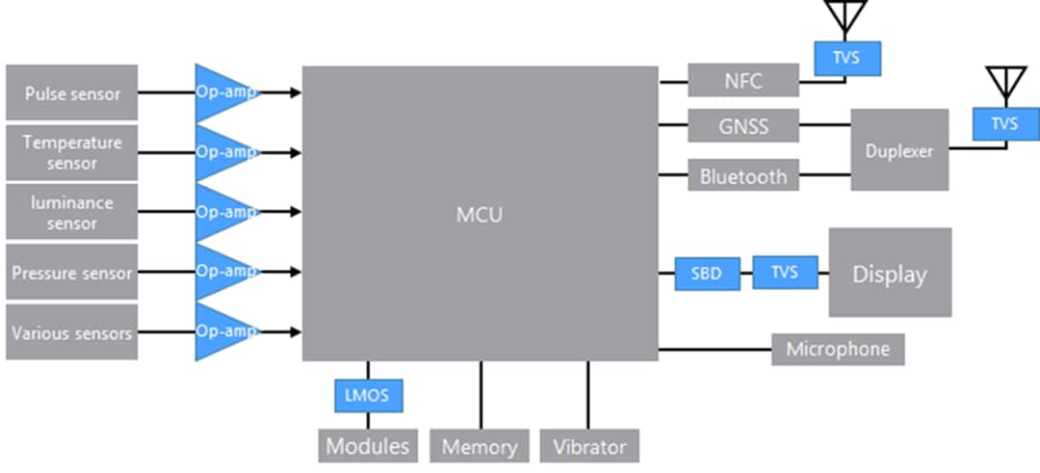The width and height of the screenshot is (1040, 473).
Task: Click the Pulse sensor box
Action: [x=72, y=93]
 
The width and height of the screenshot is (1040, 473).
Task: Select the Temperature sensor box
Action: [x=72, y=152]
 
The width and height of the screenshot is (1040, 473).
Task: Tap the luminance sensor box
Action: [x=72, y=212]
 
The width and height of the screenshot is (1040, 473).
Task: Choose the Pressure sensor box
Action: [x=72, y=273]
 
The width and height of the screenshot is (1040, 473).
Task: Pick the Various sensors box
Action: [x=72, y=332]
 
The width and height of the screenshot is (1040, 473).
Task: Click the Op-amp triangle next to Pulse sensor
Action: [x=221, y=93]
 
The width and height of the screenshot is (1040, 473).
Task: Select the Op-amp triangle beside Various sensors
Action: [x=221, y=331]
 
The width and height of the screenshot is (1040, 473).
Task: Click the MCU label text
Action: [x=479, y=214]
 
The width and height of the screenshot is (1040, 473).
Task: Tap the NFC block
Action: [x=743, y=81]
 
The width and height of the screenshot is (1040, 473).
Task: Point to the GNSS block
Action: [x=743, y=126]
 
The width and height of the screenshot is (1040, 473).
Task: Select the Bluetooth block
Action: [x=743, y=175]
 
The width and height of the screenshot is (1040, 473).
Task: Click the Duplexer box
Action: [x=899, y=150]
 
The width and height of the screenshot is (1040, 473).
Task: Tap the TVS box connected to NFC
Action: [x=846, y=59]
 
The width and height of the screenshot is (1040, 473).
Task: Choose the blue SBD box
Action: [x=706, y=274]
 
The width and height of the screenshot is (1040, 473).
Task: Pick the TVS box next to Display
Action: [x=785, y=272]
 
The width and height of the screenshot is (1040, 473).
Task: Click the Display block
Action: [x=890, y=273]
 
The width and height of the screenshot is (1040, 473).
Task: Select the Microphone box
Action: [x=838, y=349]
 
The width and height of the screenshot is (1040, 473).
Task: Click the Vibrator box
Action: [x=589, y=446]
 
